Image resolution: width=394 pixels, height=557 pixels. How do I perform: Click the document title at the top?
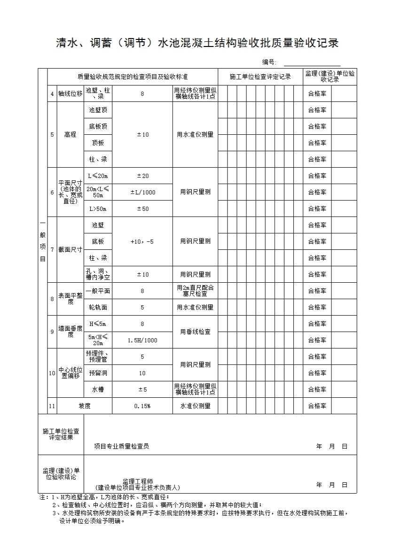(x=197, y=43)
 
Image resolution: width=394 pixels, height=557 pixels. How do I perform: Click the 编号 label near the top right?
(x=269, y=62)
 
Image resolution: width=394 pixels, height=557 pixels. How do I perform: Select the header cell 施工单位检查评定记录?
(x=260, y=77)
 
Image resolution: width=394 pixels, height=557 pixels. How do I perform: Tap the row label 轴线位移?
(x=70, y=94)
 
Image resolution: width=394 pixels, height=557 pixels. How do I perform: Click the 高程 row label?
(x=70, y=135)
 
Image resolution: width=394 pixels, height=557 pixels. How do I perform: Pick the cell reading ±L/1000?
(x=142, y=192)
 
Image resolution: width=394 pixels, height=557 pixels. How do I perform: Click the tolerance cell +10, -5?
(x=142, y=241)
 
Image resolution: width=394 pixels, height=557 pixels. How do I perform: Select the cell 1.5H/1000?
(x=142, y=340)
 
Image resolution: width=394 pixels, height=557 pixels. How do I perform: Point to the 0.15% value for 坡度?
(x=142, y=406)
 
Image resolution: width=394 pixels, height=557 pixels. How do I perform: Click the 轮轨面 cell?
(x=98, y=307)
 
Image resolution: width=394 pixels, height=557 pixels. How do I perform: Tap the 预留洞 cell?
(x=98, y=373)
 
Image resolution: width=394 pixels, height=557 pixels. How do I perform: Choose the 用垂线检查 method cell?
(x=195, y=332)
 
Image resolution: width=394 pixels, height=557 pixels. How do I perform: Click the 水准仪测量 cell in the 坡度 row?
(x=195, y=406)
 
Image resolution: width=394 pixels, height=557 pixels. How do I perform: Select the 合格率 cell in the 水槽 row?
(x=317, y=389)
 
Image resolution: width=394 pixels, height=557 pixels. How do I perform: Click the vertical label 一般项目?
(x=42, y=241)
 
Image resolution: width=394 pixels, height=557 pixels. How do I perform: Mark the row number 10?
(x=52, y=373)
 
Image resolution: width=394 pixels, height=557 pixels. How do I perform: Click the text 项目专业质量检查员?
(x=121, y=447)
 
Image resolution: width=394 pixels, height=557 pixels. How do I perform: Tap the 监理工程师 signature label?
(x=138, y=482)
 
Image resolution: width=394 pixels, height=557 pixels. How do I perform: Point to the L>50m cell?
(x=98, y=209)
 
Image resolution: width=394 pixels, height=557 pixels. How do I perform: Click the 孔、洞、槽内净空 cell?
(x=98, y=274)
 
